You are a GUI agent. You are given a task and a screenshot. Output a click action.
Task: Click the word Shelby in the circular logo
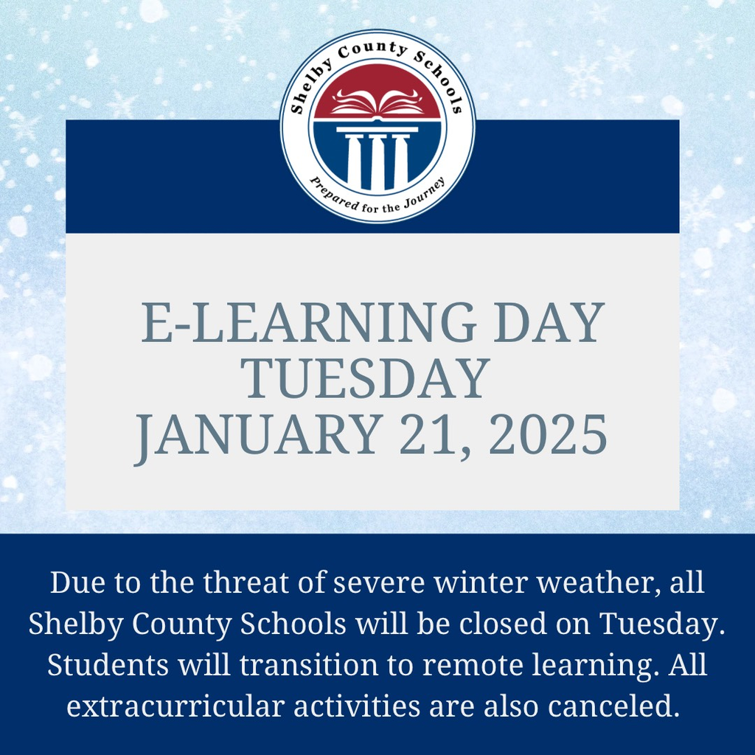[x=309, y=88]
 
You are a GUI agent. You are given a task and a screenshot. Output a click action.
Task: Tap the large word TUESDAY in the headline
[x=366, y=378]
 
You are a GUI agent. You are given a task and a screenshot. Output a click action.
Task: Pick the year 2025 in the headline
[x=548, y=435]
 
